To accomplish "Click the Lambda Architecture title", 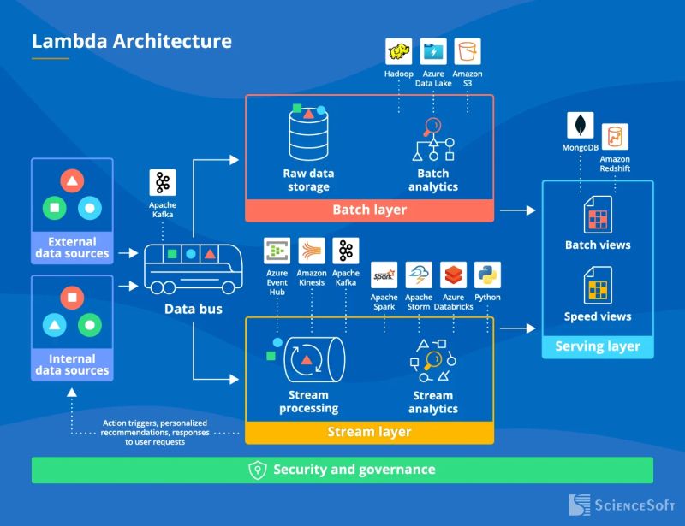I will pos(131,41).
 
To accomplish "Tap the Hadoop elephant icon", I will pos(398,51).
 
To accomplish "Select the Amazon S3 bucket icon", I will pos(468,51).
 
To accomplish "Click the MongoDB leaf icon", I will pos(581,125).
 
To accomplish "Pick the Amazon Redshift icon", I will pos(615,137).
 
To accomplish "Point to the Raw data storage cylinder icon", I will pos(308,137).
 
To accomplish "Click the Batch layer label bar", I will pos(369,210).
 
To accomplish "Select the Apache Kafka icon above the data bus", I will pos(163,184).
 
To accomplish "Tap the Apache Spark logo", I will pos(384,275).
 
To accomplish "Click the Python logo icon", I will pos(487,275).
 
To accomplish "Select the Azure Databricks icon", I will pos(453,275).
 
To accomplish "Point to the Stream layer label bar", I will pos(369,432).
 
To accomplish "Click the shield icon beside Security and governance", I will pos(258,470).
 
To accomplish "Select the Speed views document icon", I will pos(597,286).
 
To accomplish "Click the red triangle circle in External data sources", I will pos(72,181).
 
